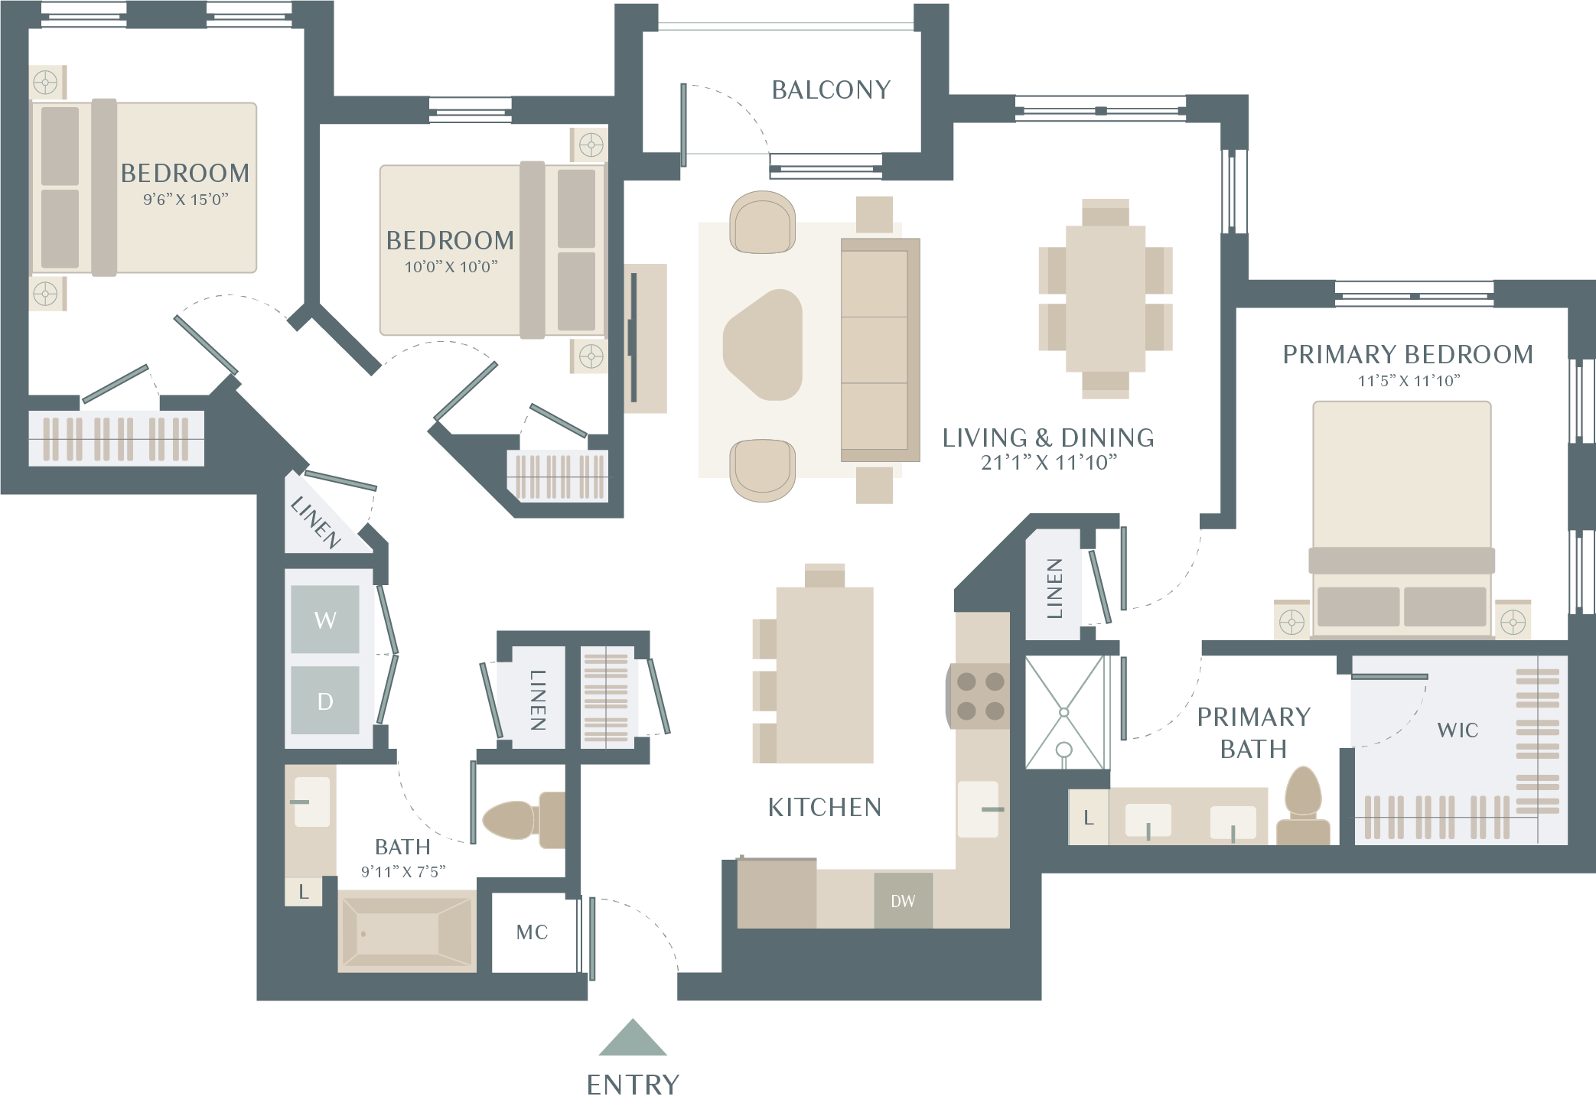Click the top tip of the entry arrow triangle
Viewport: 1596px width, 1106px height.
[633, 1019]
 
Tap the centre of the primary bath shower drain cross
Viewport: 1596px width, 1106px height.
[1063, 712]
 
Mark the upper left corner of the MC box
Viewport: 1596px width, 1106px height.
[492, 893]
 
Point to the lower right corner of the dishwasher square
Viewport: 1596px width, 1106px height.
[933, 929]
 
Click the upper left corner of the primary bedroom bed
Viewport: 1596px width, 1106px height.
[1314, 402]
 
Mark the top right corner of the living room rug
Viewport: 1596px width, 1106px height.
[902, 223]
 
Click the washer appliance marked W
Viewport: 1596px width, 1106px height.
[325, 619]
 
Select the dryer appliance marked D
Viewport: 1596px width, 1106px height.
[325, 700]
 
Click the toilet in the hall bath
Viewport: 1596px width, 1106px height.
[523, 820]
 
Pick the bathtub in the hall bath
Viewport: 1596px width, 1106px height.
[407, 931]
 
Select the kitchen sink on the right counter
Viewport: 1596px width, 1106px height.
[979, 809]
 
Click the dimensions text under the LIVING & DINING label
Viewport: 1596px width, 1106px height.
[1049, 463]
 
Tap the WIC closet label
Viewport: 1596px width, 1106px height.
[1458, 730]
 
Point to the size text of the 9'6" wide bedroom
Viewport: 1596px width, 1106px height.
[186, 200]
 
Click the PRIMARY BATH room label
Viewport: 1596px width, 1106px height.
[1254, 733]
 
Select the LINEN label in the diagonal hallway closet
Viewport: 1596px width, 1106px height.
[316, 522]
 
